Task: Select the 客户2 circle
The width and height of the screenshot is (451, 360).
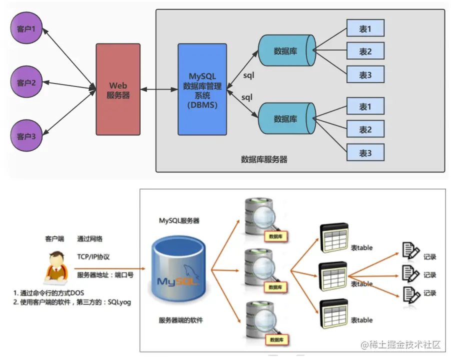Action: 26,82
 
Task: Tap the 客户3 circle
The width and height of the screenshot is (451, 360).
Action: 26,136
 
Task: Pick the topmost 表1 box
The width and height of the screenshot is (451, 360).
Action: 365,28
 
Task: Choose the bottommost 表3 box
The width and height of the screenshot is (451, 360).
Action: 365,153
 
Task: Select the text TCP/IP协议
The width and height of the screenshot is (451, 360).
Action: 93,257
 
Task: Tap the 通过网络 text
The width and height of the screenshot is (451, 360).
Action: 90,239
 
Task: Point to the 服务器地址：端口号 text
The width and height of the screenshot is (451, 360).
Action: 105,275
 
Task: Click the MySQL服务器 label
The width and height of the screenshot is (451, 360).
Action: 180,220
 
